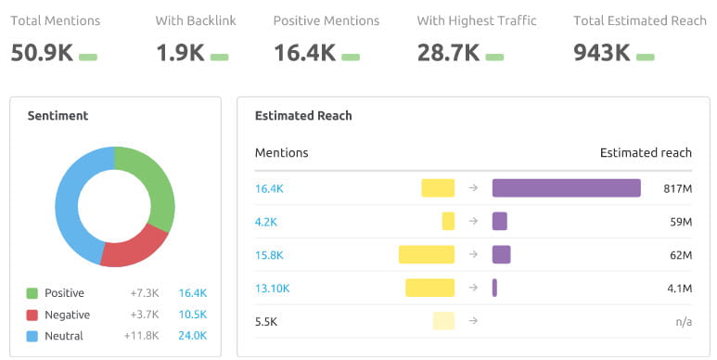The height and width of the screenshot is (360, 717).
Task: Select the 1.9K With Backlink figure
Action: (x=179, y=53)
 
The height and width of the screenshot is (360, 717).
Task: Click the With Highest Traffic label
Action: (x=477, y=20)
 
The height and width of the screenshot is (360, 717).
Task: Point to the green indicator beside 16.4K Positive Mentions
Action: (x=351, y=57)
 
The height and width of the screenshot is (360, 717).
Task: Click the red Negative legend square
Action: (x=32, y=315)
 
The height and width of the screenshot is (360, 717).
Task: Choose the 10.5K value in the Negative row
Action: (x=193, y=315)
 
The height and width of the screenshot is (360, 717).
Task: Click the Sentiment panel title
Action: (x=58, y=116)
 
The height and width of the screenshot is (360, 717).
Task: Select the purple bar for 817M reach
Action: (x=566, y=188)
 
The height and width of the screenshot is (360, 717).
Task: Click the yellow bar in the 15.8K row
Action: (x=427, y=255)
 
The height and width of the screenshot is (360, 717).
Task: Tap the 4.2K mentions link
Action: (x=265, y=222)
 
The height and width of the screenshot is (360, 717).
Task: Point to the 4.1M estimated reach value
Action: (x=679, y=289)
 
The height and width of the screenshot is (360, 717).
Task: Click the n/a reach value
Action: (x=683, y=321)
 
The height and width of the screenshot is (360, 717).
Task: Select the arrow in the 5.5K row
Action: (x=473, y=321)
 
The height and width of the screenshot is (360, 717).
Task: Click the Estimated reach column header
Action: (x=646, y=152)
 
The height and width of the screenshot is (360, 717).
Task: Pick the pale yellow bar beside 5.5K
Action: (x=443, y=321)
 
